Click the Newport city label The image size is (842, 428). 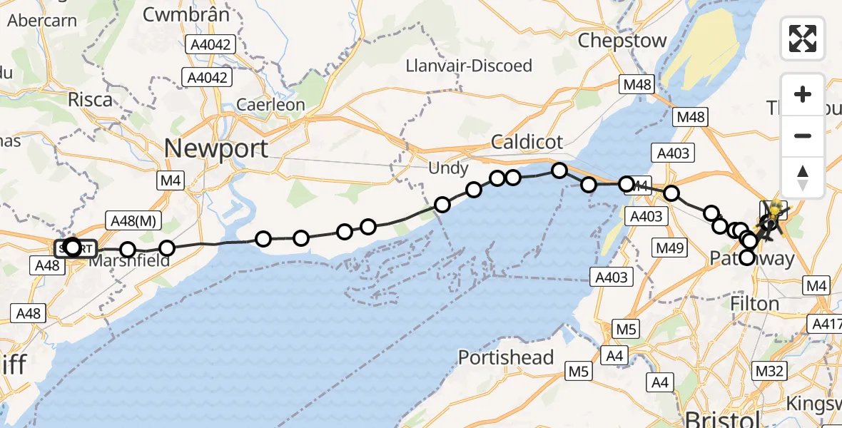(x=216, y=148)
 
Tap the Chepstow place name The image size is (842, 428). (x=622, y=40)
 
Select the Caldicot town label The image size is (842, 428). (x=527, y=142)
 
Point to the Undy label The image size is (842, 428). (x=448, y=169)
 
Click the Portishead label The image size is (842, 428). (x=506, y=357)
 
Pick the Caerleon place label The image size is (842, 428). (x=270, y=105)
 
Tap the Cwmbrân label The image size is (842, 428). (x=186, y=14)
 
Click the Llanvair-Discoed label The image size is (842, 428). (x=469, y=66)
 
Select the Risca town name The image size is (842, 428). (x=90, y=99)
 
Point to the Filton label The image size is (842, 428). (x=754, y=303)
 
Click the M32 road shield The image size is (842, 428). (x=770, y=371)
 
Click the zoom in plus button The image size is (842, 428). (x=803, y=94)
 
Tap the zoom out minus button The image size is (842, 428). (x=803, y=136)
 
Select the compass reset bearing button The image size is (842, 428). (x=803, y=176)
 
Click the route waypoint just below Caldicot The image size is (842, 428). (x=559, y=170)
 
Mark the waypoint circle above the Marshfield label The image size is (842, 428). (x=127, y=250)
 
